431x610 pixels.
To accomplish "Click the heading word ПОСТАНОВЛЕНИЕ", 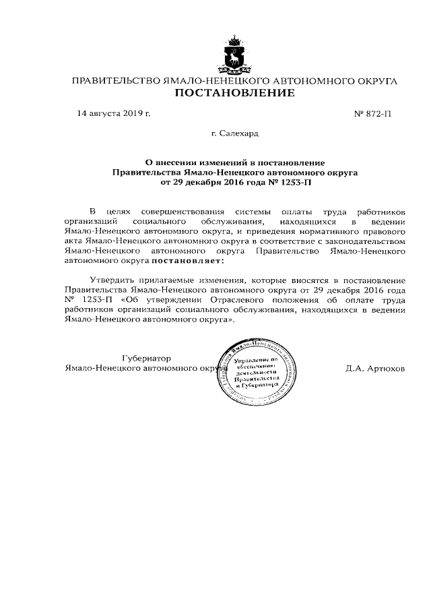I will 235,93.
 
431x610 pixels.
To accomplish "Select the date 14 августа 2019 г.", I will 114,113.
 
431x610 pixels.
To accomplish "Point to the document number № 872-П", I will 372,113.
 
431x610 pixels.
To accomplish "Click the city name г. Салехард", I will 235,133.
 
